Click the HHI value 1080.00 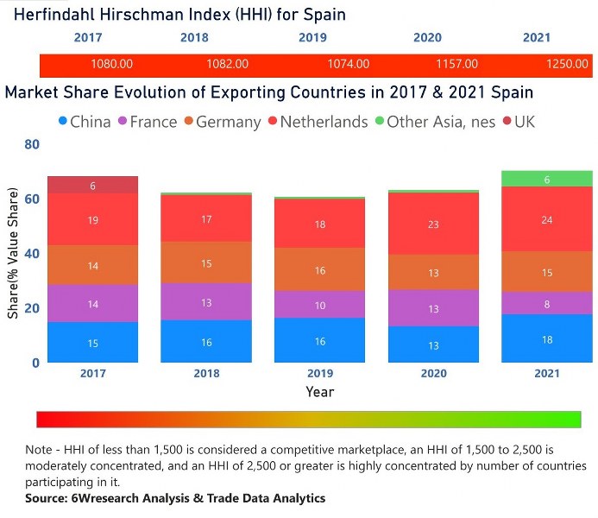[111, 64]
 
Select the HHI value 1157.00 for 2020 [456, 64]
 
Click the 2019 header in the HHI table [312, 38]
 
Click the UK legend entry [517, 122]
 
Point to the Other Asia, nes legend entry [433, 122]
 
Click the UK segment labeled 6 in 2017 [93, 185]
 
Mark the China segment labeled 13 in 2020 [433, 344]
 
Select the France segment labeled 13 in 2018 [206, 301]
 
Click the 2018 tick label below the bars [206, 374]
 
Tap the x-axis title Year [319, 391]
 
